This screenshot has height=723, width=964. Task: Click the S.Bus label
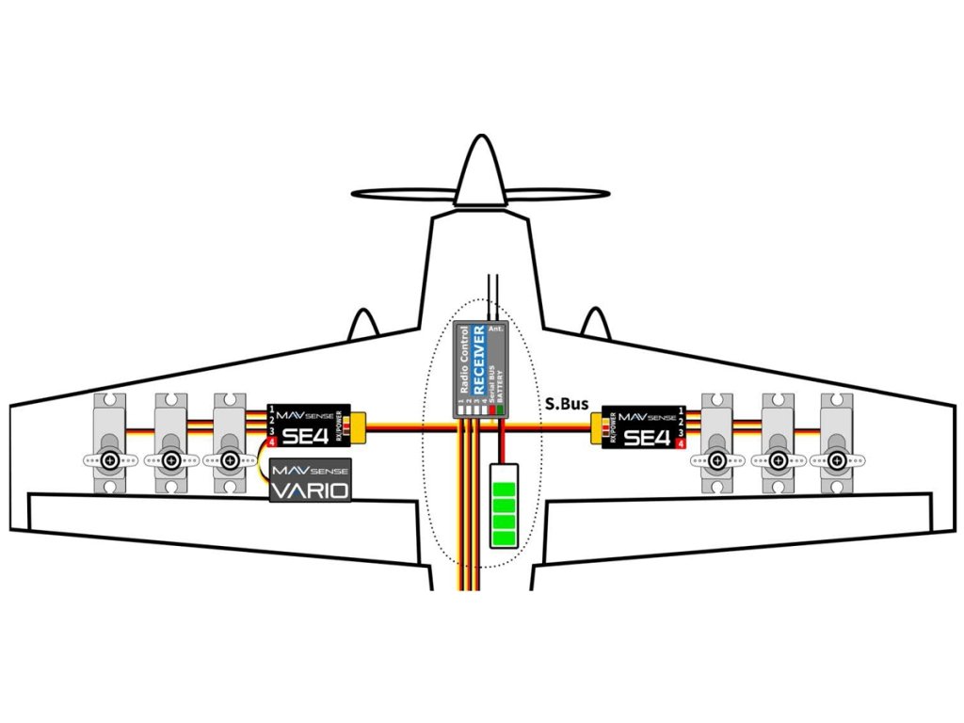point(567,404)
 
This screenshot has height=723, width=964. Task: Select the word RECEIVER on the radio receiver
point(478,359)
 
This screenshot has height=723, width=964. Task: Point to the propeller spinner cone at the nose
point(480,173)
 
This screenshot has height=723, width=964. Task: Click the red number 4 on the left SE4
point(272,442)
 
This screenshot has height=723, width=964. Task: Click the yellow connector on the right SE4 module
point(598,428)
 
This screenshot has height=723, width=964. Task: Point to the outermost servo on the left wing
point(111,442)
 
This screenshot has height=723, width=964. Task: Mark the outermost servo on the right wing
point(837,442)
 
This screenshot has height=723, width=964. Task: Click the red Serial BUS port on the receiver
point(492,411)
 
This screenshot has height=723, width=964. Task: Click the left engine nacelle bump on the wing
point(365,323)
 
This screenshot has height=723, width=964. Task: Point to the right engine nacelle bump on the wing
point(594,323)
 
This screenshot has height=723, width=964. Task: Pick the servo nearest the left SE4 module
point(230,442)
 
